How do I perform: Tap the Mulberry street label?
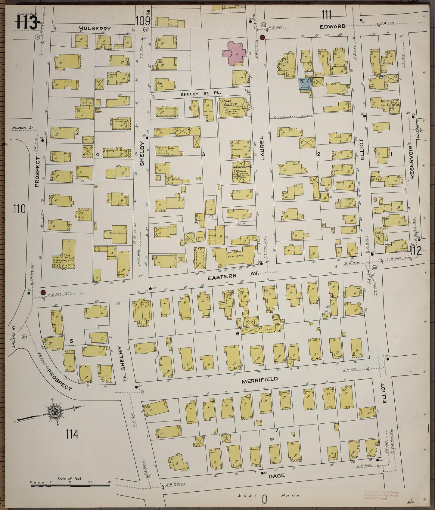[x=95, y=29]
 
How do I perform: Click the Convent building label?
[x=62, y=260]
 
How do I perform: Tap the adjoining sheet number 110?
[x=19, y=209]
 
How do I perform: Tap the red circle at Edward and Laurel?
[x=262, y=38]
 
